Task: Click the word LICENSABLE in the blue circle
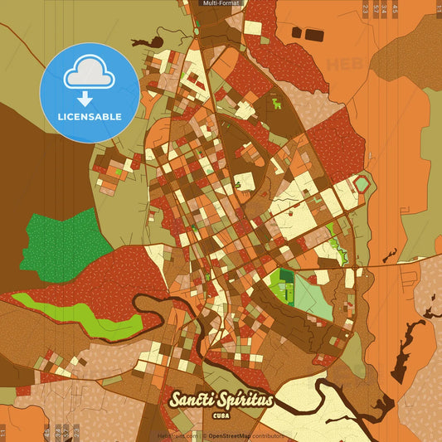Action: (90, 117)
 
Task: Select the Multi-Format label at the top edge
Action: (221, 3)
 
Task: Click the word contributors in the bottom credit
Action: (268, 435)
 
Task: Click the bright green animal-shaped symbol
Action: (276, 104)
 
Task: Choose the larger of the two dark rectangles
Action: (313, 34)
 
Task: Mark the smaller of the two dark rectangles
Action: (297, 32)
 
